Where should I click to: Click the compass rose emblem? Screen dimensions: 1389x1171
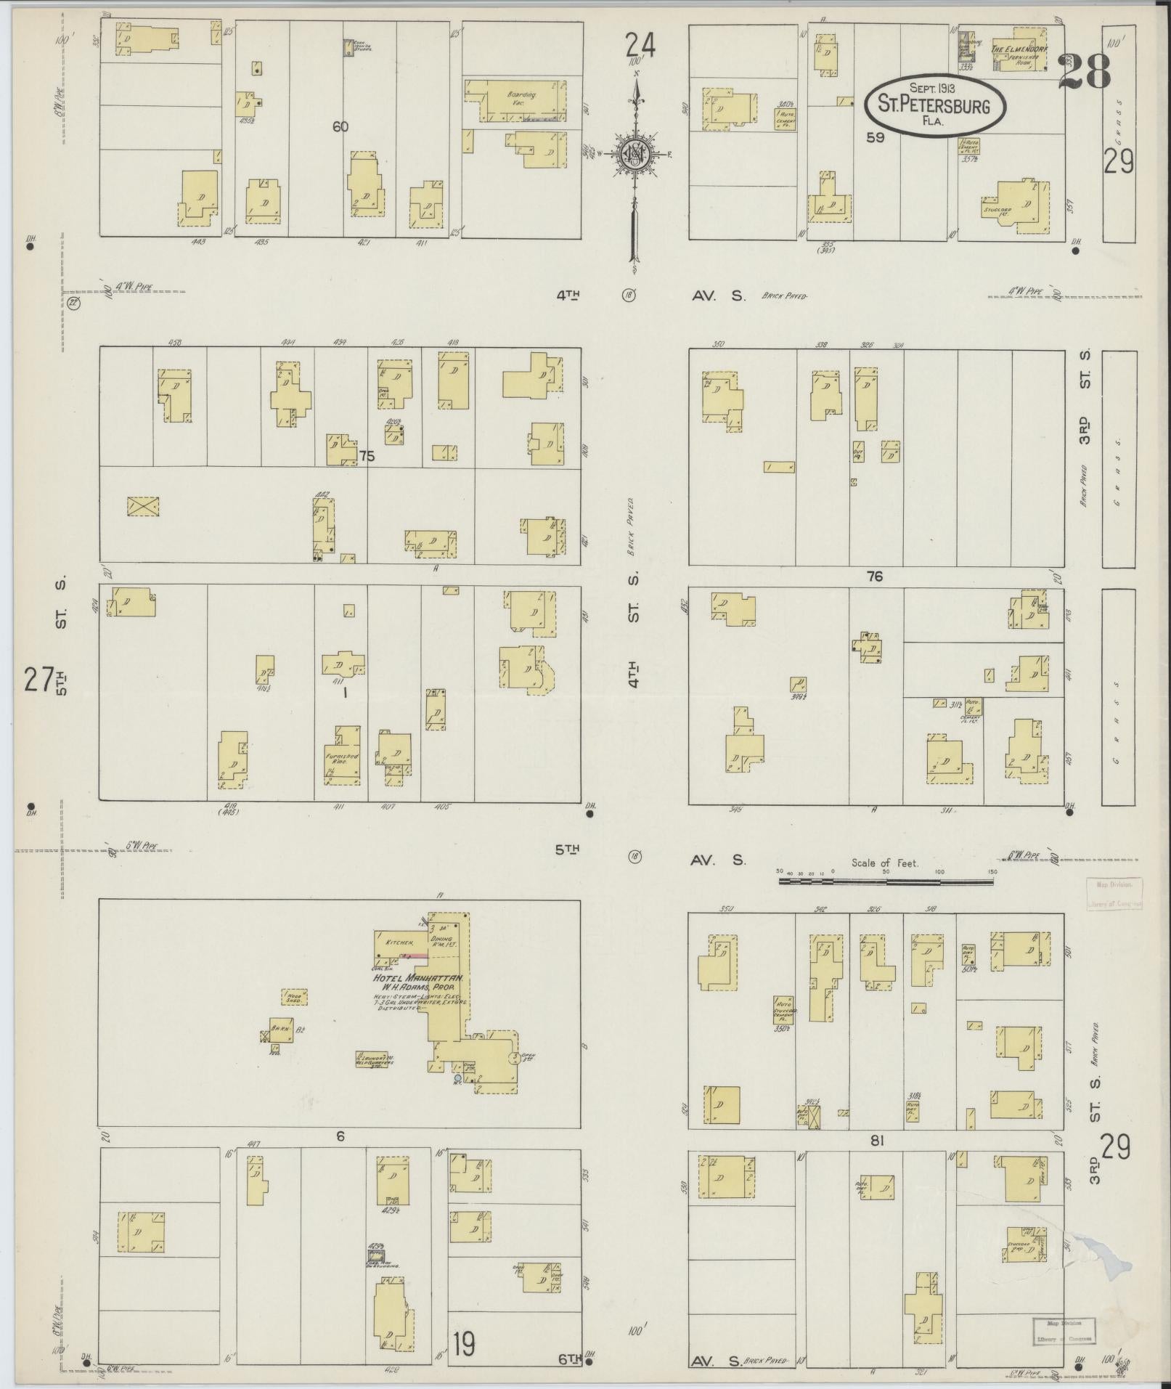point(635,154)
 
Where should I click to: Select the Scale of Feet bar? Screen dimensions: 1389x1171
point(886,880)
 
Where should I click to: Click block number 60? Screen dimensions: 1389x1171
point(340,126)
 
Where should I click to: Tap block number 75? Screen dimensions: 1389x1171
point(367,456)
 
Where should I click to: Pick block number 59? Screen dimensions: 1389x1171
point(876,137)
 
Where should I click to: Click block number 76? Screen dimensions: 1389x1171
point(874,577)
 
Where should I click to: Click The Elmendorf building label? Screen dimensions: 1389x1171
point(1019,49)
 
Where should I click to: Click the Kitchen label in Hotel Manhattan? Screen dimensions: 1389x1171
point(399,941)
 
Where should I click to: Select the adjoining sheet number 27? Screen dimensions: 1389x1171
point(38,680)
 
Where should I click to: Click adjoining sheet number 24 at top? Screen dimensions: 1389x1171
point(640,45)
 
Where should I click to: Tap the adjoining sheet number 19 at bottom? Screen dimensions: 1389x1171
point(462,1345)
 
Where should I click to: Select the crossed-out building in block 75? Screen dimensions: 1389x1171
point(143,507)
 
